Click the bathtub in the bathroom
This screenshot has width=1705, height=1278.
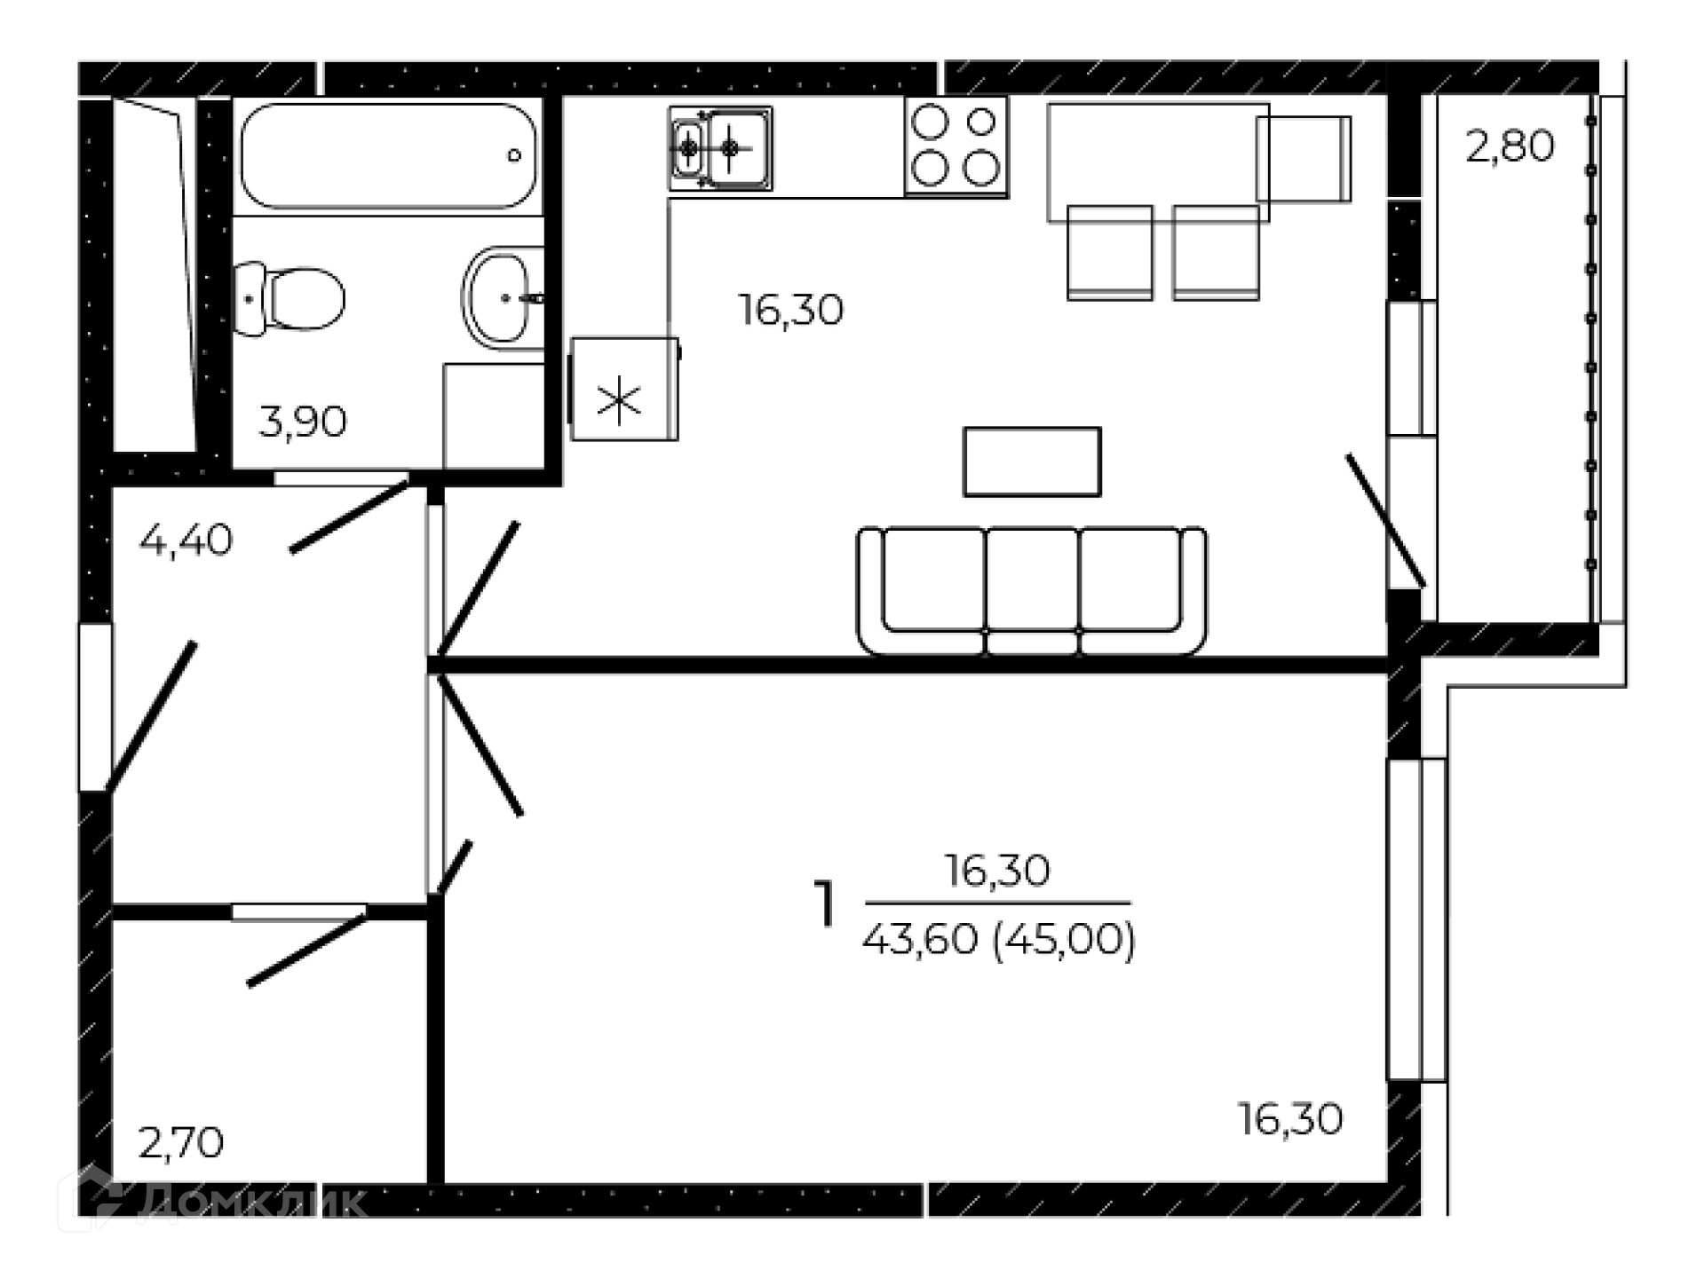388,156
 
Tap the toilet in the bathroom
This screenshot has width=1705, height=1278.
289,299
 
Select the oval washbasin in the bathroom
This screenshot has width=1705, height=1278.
502,298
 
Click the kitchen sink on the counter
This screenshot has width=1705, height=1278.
720,148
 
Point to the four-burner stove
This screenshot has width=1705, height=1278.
956,146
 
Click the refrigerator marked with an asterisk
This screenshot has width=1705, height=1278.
623,389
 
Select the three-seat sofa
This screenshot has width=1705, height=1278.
1031,590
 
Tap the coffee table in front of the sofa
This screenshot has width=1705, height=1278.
1032,461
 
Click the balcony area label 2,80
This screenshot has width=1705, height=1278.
1510,146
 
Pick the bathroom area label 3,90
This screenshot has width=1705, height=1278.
303,422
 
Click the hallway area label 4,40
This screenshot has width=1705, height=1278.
186,540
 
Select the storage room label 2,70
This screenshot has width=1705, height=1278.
181,1143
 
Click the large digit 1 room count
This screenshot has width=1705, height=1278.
826,903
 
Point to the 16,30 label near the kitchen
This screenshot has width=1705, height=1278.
791,311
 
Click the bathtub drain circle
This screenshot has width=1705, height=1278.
514,155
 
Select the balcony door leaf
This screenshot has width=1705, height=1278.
1385,521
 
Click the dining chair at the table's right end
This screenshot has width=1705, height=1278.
1304,159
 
